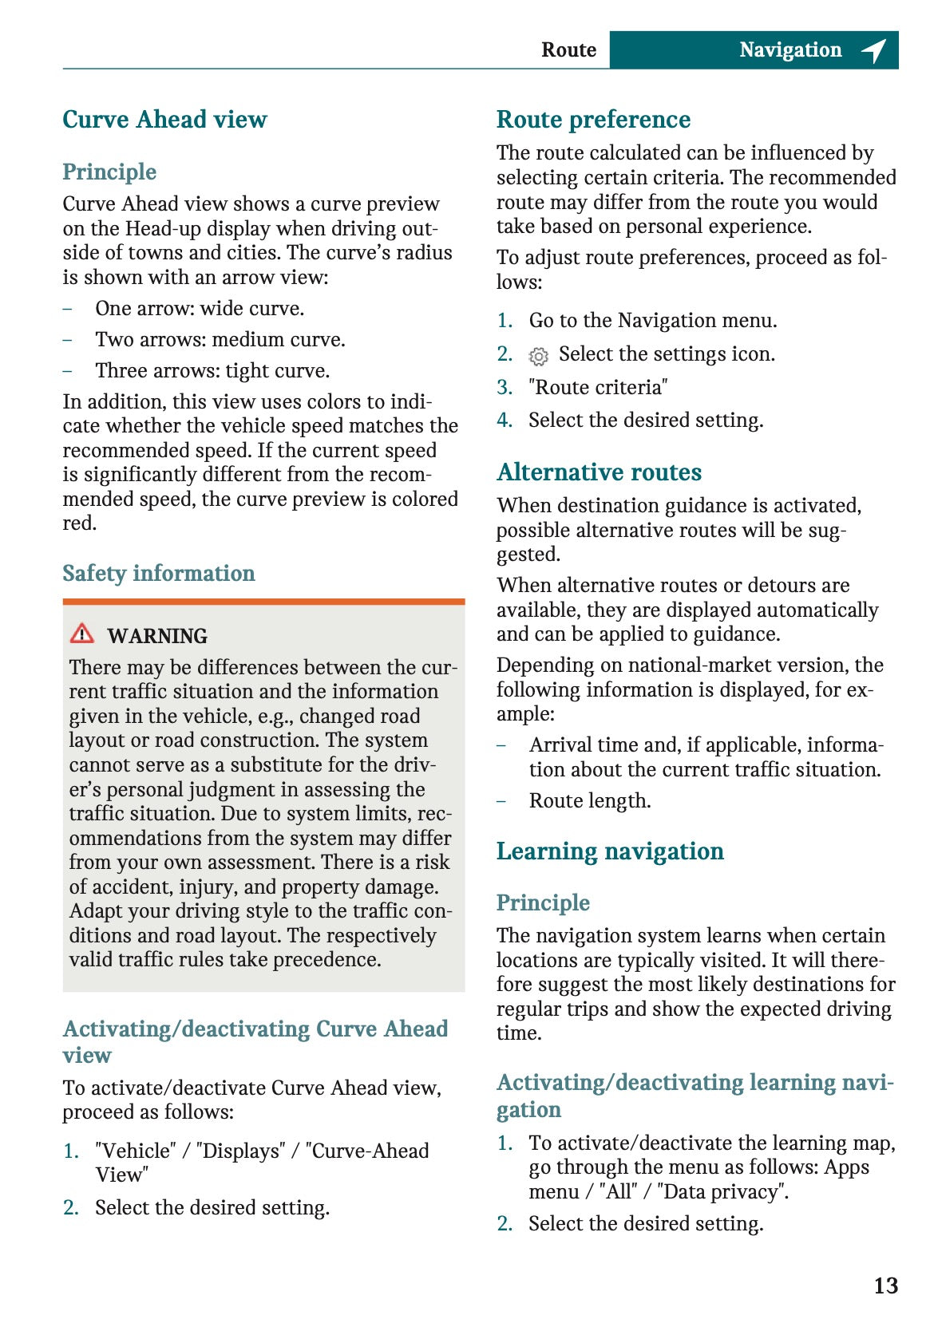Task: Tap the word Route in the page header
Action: (568, 50)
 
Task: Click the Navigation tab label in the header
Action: (790, 50)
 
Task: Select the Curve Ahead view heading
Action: (164, 120)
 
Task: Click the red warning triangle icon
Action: (81, 634)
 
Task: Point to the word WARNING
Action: (157, 636)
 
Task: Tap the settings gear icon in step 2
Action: (539, 356)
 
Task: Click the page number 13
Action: (885, 1285)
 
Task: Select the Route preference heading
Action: (593, 120)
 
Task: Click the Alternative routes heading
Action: (599, 472)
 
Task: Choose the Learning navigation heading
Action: (610, 851)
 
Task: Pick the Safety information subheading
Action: (159, 574)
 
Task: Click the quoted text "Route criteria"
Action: (598, 388)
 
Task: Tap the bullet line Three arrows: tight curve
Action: (212, 371)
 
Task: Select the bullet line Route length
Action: (590, 801)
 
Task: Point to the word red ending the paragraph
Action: (79, 524)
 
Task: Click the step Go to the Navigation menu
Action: (652, 321)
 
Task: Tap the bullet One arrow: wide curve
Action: (200, 309)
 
